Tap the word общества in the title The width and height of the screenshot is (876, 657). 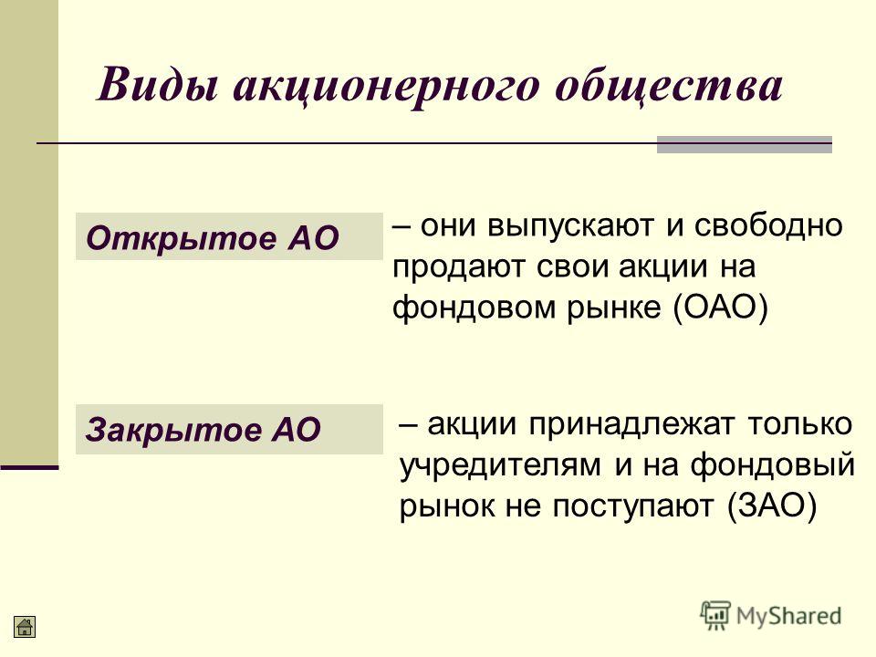pos(669,87)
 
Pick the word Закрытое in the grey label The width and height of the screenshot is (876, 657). pos(172,430)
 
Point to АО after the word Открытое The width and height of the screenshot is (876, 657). pos(313,238)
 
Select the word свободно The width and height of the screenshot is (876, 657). pos(768,225)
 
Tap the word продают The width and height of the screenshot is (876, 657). pos(459,267)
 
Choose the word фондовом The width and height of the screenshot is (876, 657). pos(474,307)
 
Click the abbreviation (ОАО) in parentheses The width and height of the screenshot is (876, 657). pos(721,307)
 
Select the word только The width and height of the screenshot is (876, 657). pos(800,424)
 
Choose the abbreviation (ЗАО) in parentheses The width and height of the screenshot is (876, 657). pos(773,506)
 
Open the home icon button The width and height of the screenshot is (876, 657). pos(25,626)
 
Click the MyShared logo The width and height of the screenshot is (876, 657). pos(771,616)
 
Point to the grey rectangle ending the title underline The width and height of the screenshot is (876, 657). pos(745,145)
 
